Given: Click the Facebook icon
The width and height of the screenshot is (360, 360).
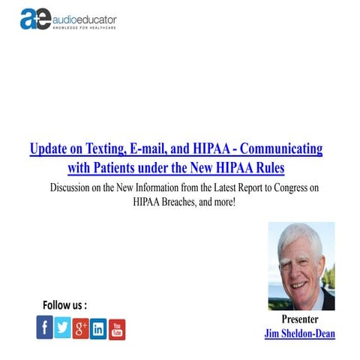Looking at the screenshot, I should [45, 328].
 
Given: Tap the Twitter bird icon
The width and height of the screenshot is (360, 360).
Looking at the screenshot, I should [63, 328].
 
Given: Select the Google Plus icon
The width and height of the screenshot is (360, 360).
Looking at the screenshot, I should [81, 328].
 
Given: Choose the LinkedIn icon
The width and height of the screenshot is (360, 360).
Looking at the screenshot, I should [98, 328].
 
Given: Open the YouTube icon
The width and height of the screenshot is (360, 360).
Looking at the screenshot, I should [116, 328].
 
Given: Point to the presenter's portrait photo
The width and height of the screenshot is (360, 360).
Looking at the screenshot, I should [301, 265].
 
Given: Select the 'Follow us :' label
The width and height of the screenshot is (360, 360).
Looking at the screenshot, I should [65, 304].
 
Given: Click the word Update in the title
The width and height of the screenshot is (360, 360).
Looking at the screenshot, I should [50, 148].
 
